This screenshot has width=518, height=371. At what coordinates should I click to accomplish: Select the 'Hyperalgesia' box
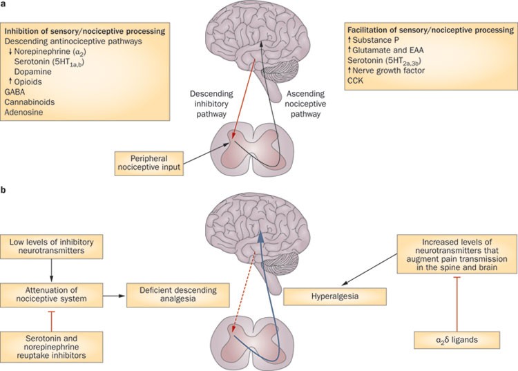(x=334, y=297)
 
